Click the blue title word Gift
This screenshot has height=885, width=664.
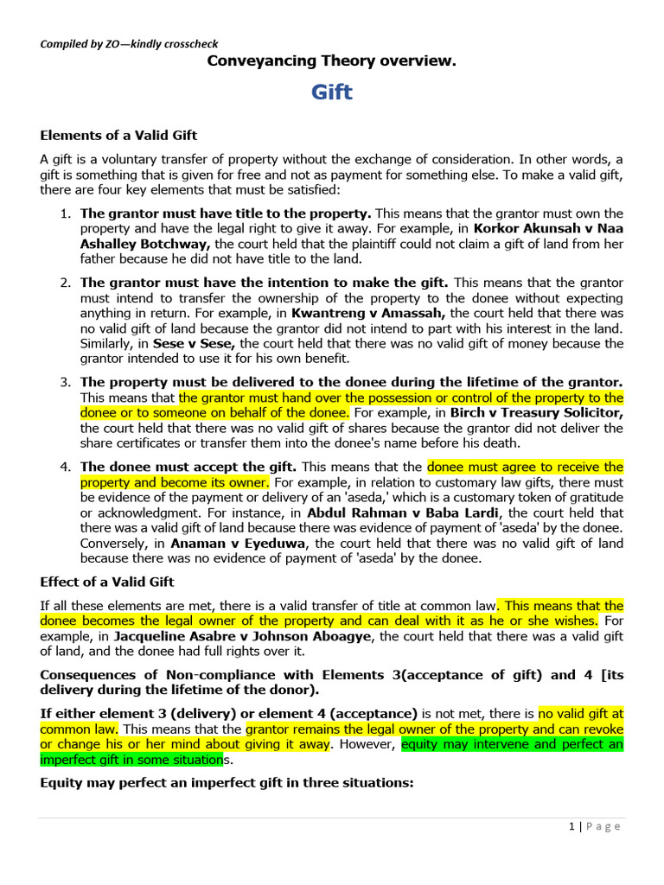(x=332, y=92)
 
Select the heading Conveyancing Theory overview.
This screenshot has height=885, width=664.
(x=331, y=61)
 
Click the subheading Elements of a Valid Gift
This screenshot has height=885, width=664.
(x=119, y=135)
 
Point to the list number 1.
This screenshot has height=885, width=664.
(x=66, y=213)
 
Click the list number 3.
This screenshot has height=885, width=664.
(x=66, y=381)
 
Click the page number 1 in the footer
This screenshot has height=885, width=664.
(x=571, y=826)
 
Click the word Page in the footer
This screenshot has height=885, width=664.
(x=604, y=826)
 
